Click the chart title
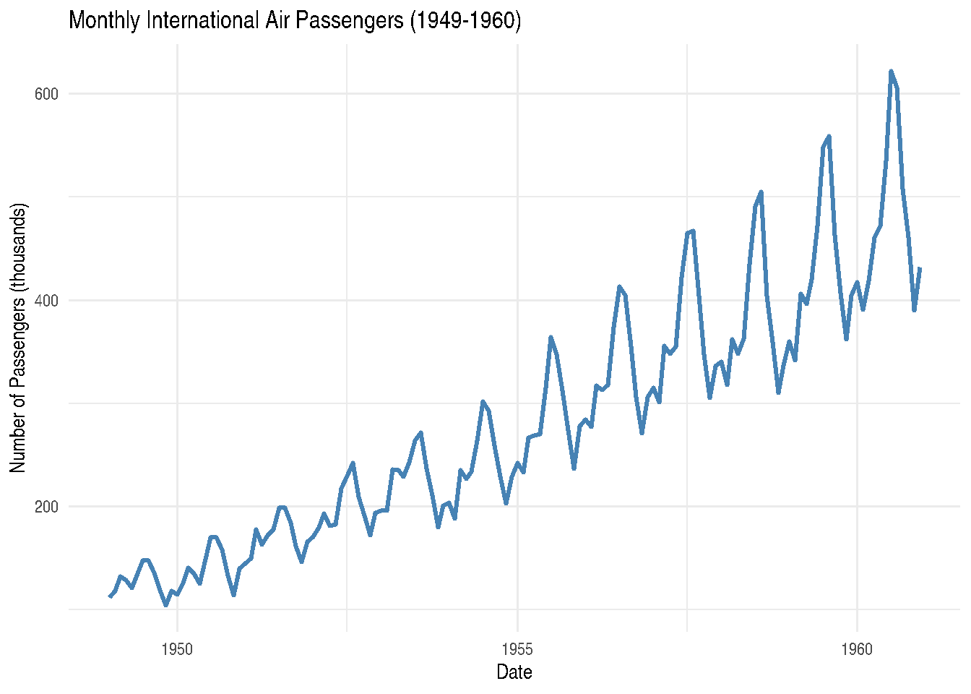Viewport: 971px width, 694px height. [x=295, y=20]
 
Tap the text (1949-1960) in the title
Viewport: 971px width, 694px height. [x=465, y=20]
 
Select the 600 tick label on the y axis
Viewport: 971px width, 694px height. [x=46, y=94]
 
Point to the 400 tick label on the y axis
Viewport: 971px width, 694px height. [x=46, y=300]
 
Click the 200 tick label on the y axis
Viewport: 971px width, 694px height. [x=46, y=506]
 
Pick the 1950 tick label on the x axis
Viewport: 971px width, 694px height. [x=177, y=649]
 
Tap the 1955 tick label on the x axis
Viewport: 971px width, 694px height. [x=517, y=649]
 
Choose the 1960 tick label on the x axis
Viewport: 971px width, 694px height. [x=857, y=649]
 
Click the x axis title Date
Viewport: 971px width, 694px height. [x=514, y=672]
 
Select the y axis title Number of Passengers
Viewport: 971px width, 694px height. [x=19, y=338]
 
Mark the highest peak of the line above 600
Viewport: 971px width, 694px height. [x=891, y=72]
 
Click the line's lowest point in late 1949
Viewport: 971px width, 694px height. [x=166, y=605]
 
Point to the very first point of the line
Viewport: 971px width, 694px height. [x=110, y=596]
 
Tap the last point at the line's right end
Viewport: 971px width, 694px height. [x=920, y=268]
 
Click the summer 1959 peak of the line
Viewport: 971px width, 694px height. [x=829, y=136]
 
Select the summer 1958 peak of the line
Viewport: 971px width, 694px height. [x=761, y=192]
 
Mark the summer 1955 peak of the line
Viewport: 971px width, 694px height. [x=551, y=337]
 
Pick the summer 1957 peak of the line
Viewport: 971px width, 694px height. [x=693, y=231]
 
